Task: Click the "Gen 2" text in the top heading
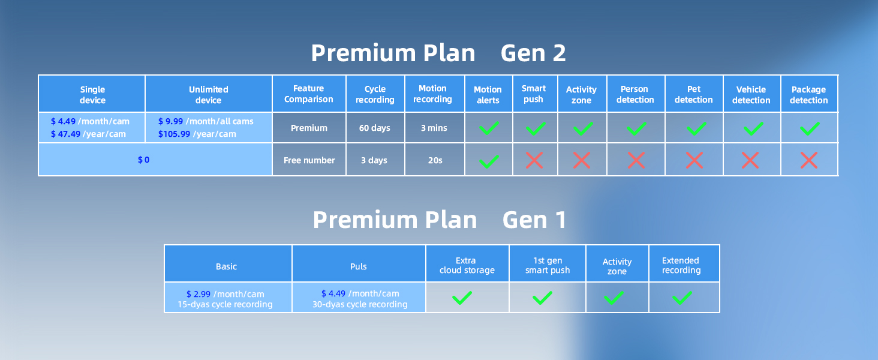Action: click(533, 53)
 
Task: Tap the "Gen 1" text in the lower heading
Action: click(534, 220)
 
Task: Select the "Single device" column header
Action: click(92, 95)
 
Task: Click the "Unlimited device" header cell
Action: click(208, 95)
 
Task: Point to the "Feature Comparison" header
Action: click(309, 94)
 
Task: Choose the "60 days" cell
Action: click(375, 128)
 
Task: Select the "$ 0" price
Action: click(143, 160)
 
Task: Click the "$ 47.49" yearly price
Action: click(65, 134)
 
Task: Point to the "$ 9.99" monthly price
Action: click(170, 121)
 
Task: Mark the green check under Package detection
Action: click(810, 128)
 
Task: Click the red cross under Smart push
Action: click(534, 160)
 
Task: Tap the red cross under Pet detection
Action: click(694, 160)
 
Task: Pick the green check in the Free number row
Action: click(489, 161)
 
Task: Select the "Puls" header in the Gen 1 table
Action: click(358, 266)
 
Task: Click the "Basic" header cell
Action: click(226, 266)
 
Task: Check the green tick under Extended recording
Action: click(682, 298)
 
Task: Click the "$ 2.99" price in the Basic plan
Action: click(198, 294)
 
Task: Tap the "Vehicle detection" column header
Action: click(751, 95)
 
